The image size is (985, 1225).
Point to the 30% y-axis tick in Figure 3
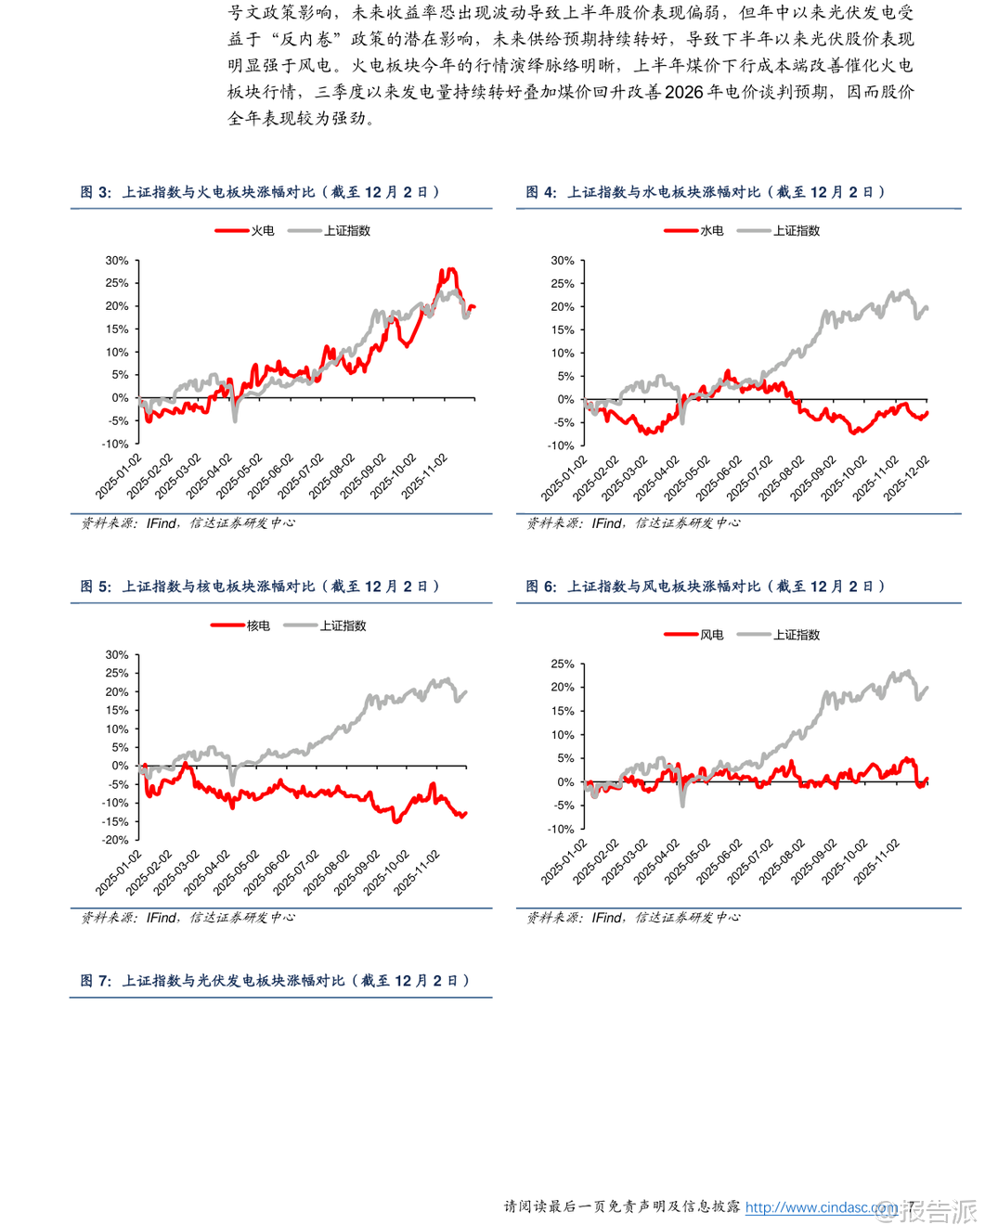coord(117,261)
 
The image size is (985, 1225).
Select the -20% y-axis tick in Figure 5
coord(115,840)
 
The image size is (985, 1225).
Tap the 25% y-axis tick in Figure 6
coord(563,664)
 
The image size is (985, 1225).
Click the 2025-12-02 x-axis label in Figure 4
coord(906,479)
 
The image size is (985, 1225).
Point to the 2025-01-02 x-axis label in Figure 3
coord(119,477)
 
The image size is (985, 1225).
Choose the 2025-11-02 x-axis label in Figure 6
coord(876,861)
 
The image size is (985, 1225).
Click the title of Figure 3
coord(260,192)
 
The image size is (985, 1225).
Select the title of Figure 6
coord(706,587)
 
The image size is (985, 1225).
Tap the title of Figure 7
coord(275,981)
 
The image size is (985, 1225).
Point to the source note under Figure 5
coord(188,918)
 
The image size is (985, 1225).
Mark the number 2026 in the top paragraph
coord(684,92)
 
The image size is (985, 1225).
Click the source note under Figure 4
coord(633,523)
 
